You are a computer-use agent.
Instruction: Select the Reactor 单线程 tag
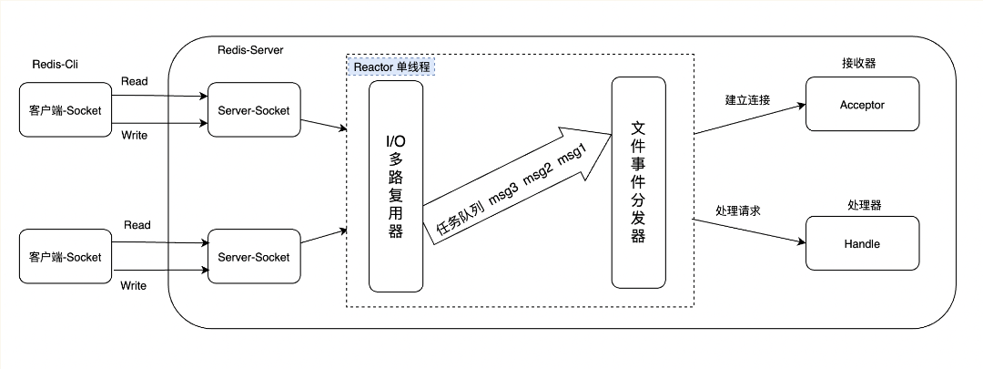pos(390,67)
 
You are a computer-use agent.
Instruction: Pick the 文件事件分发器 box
pos(638,181)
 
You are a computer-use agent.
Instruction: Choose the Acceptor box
pos(862,105)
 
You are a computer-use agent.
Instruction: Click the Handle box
pos(862,243)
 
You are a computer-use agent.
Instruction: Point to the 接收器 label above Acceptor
pos(859,63)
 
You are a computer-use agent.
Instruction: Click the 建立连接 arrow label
pos(747,99)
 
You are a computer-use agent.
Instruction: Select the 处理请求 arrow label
pos(738,210)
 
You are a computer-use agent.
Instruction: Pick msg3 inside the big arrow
pos(506,193)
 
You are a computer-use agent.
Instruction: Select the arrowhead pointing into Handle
pos(801,243)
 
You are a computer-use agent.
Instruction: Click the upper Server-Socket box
pos(253,111)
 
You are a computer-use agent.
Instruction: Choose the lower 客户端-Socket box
pos(59,257)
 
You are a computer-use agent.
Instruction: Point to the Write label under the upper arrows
pos(134,136)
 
